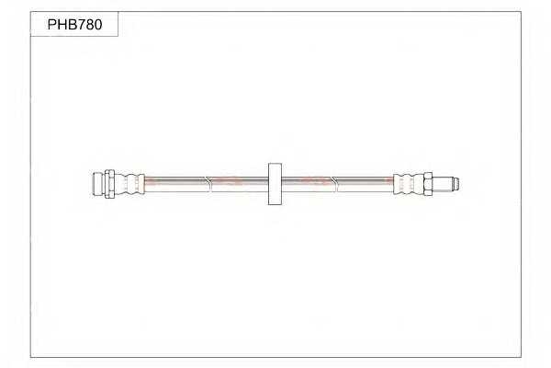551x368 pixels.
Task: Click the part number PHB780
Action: pos(75,24)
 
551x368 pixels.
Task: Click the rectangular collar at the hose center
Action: pos(275,184)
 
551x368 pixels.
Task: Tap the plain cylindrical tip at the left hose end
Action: pos(99,183)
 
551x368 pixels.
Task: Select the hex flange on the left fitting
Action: pos(109,183)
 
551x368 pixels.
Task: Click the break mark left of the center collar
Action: pos(210,183)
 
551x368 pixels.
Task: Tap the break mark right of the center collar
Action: pos(337,183)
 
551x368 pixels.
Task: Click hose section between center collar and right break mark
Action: pos(309,183)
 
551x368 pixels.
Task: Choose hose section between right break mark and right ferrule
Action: pos(365,183)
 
